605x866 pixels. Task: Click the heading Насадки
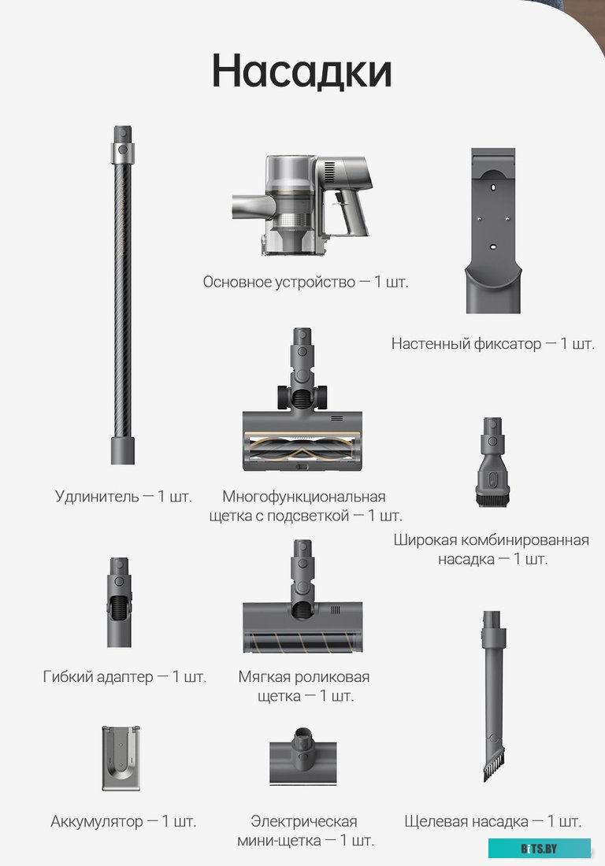tap(302, 71)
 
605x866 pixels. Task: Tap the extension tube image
tap(123, 295)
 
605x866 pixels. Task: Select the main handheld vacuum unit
tap(302, 205)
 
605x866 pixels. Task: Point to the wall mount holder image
tap(493, 231)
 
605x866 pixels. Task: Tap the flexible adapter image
tap(119, 602)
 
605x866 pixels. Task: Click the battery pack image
tap(121, 757)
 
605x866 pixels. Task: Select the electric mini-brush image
tap(302, 756)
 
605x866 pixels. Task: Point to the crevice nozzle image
tap(492, 696)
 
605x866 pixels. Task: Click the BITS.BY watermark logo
tap(539, 849)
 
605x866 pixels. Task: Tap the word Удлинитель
tap(97, 496)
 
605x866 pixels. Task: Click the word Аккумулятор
tap(97, 821)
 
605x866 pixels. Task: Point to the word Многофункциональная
tap(304, 496)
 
